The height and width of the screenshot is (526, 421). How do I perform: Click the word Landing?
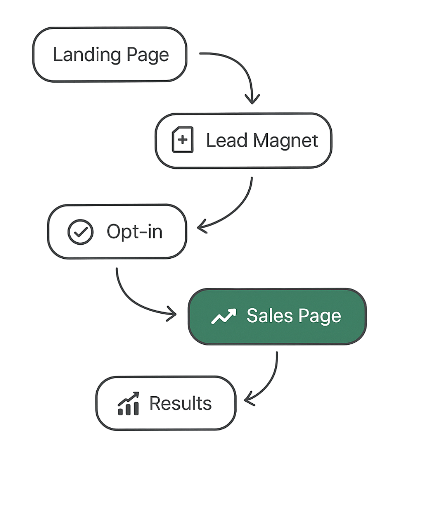point(87,55)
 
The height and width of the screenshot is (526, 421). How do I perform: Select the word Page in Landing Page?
point(148,55)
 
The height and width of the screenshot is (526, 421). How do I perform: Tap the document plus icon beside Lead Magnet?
point(183,140)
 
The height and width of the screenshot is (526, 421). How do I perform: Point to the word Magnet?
point(285,141)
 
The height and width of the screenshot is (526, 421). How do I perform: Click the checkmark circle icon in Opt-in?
point(80,232)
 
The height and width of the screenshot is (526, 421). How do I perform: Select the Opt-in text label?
point(135,232)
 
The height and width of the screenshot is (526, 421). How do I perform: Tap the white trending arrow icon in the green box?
point(224,316)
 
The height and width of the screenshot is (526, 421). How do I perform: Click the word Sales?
point(270,316)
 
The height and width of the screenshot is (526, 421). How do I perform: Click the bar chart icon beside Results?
point(129,403)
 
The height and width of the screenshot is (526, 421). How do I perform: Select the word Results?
point(180,403)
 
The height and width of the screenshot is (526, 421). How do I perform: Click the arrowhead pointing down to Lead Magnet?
point(252,100)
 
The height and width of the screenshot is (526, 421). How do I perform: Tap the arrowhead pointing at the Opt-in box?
point(202,227)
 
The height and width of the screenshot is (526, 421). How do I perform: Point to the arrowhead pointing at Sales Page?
point(172,314)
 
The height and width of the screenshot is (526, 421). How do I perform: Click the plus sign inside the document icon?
point(182,140)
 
